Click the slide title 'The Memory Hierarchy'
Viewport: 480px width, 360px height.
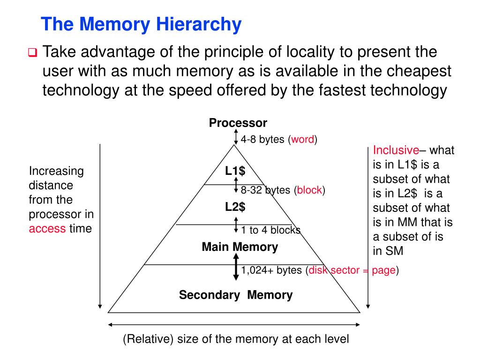tap(141, 24)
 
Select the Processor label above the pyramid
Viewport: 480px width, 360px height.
tap(238, 123)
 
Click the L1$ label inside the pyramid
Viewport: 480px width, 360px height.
tap(235, 171)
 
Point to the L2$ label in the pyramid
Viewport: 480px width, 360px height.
tap(235, 206)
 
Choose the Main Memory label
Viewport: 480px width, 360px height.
tap(240, 247)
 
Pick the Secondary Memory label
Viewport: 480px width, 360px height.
tap(236, 295)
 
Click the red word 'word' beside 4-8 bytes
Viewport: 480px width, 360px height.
tap(303, 140)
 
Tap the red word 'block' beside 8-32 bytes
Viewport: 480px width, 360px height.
tap(309, 190)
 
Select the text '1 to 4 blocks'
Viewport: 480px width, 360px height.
tap(270, 230)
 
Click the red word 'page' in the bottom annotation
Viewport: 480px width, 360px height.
tap(384, 271)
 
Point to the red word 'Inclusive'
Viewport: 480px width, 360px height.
tap(396, 150)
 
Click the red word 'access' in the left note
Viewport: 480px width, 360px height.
tap(47, 229)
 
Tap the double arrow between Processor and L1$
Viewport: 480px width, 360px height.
tap(236, 137)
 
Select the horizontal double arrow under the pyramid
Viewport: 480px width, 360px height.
tap(234, 324)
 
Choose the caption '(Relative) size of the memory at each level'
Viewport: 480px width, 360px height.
tap(236, 339)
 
